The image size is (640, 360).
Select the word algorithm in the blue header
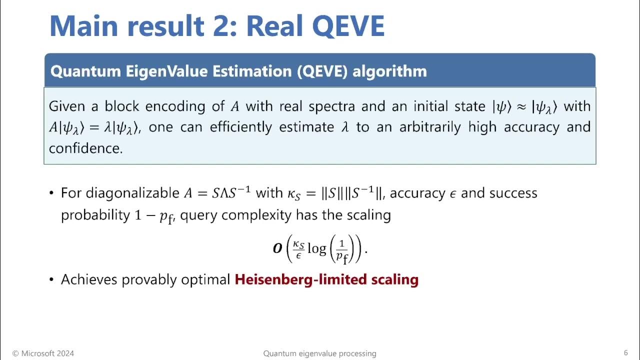click(389, 71)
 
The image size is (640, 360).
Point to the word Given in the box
click(66, 106)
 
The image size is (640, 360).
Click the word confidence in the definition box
click(85, 148)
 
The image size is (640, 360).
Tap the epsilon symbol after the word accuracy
click(453, 194)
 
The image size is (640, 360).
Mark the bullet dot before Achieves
click(51, 279)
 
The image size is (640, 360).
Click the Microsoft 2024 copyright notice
click(43, 353)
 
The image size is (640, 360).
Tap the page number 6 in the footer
click(625, 353)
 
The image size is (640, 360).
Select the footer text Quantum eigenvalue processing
click(319, 353)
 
